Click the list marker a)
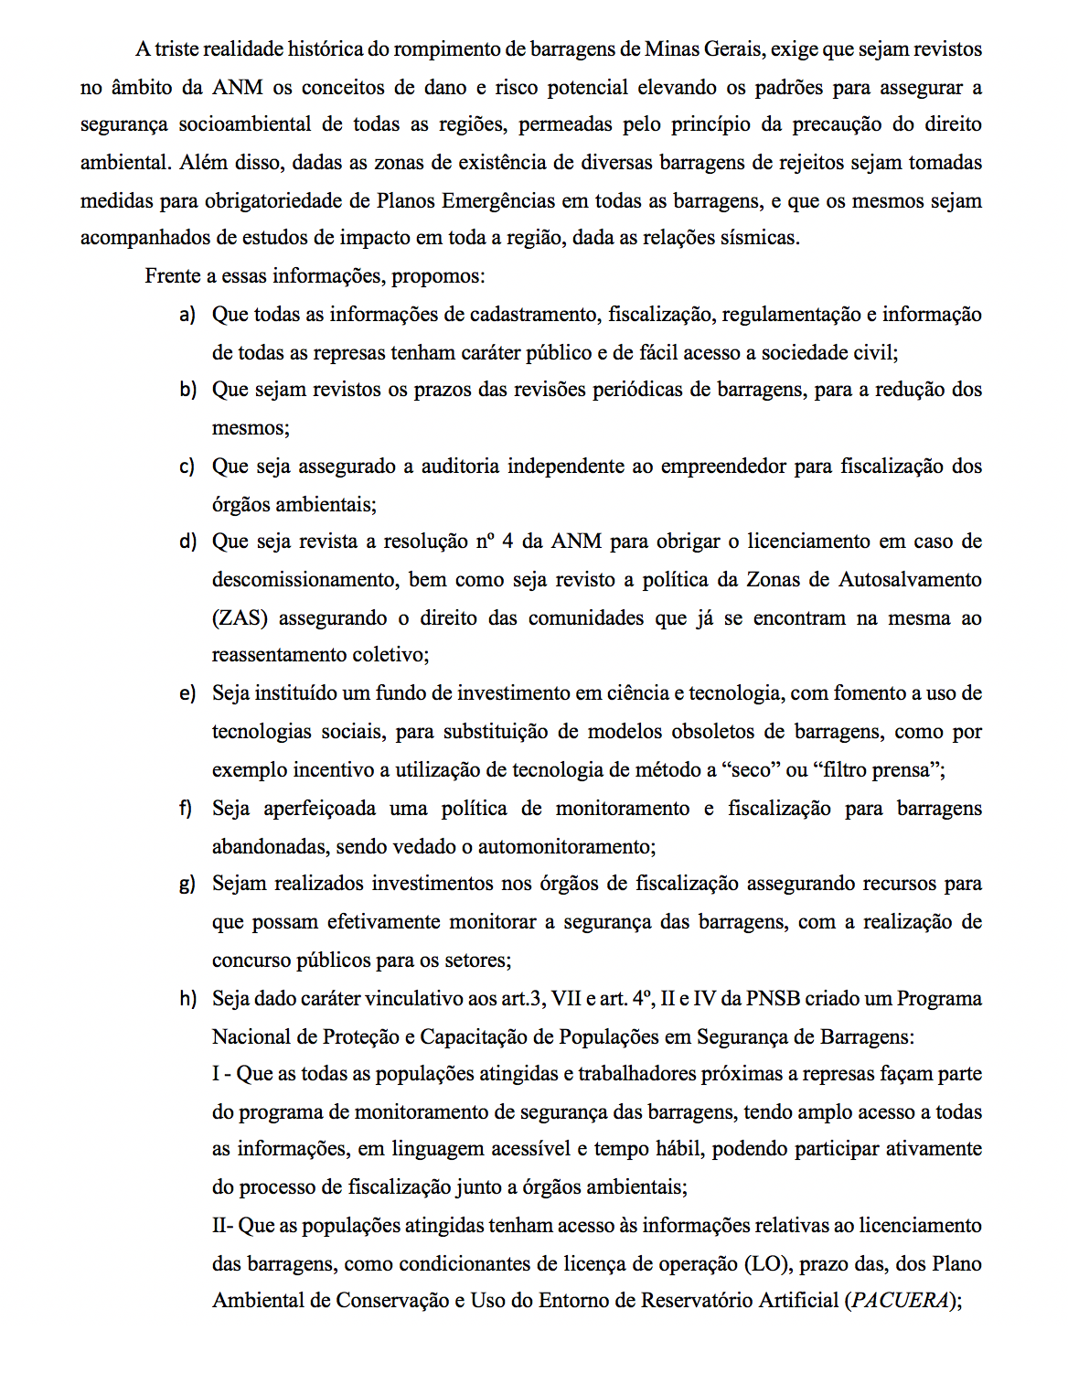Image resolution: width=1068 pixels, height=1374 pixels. click(x=187, y=315)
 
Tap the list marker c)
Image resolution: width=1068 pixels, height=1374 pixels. click(x=187, y=467)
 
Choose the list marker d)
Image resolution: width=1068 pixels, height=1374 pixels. click(x=187, y=542)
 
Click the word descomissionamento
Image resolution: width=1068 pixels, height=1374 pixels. click(x=305, y=580)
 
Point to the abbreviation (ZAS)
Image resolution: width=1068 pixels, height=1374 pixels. click(x=240, y=618)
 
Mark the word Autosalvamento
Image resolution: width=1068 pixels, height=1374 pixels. click(x=911, y=580)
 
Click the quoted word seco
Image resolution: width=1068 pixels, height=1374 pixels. click(x=752, y=770)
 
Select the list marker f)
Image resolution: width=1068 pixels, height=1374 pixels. click(x=187, y=809)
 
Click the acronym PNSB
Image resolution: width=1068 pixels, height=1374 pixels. click(x=773, y=999)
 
